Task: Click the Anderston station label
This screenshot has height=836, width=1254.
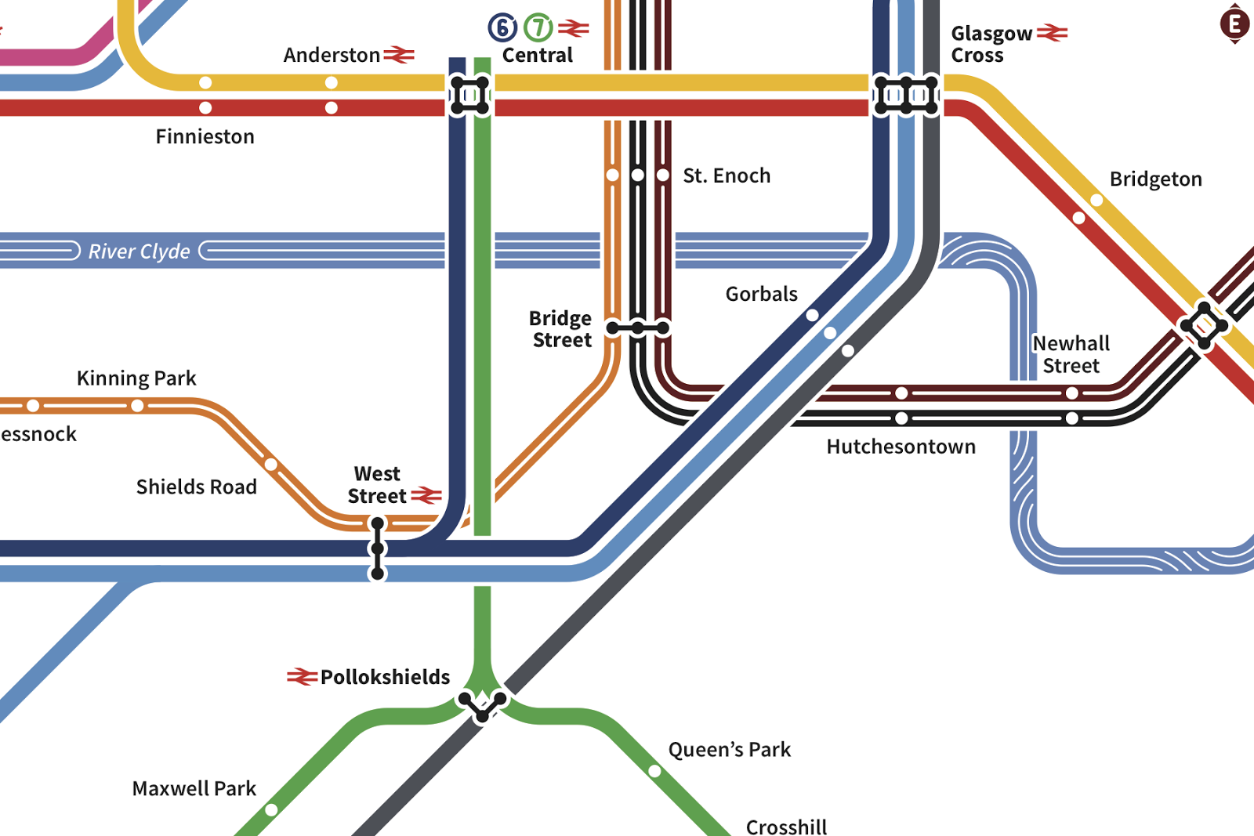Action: [x=332, y=55]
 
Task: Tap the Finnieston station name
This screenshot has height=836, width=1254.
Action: [x=205, y=136]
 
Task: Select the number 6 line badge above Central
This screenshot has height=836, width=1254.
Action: [x=502, y=27]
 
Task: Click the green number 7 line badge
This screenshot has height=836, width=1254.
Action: [x=538, y=27]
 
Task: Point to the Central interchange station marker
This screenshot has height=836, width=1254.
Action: [x=469, y=96]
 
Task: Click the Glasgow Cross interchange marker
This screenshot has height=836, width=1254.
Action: [x=906, y=96]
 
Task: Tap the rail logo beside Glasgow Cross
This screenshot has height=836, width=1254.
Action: [x=1052, y=33]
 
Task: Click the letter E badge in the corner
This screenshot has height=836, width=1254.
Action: [x=1234, y=24]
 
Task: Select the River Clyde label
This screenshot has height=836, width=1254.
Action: [x=139, y=251]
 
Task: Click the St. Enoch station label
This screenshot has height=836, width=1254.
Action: [x=727, y=176]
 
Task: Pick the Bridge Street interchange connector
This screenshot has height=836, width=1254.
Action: [x=638, y=328]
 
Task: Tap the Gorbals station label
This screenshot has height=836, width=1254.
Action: [x=761, y=294]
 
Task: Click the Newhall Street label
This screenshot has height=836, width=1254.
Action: [x=1071, y=354]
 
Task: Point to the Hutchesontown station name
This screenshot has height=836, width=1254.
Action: [x=901, y=447]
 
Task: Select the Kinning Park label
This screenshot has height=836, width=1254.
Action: [x=136, y=378]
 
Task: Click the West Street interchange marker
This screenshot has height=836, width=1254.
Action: [x=377, y=548]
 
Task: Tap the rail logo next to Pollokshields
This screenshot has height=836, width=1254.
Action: [x=302, y=676]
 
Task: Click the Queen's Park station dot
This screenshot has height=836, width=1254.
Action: [x=654, y=771]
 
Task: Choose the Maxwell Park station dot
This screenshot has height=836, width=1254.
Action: [x=271, y=809]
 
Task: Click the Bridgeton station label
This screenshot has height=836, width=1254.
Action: [x=1155, y=179]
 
